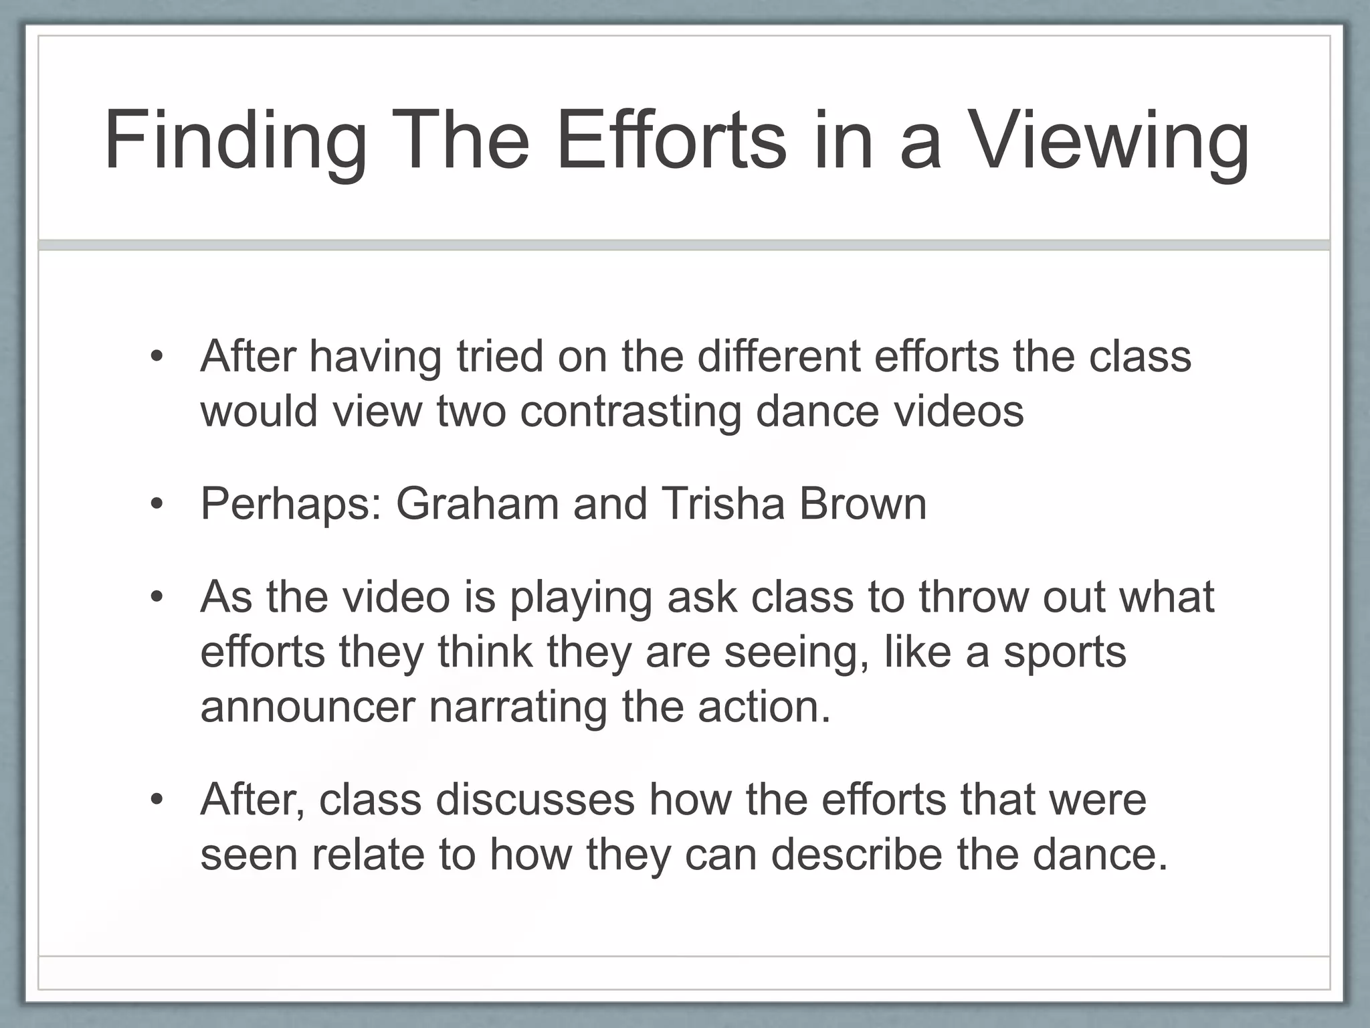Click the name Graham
pyautogui.click(x=477, y=503)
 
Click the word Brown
pyautogui.click(x=863, y=503)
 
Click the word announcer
pyautogui.click(x=308, y=707)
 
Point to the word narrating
pyautogui.click(x=517, y=708)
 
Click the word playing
pyautogui.click(x=581, y=598)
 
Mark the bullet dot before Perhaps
pyautogui.click(x=157, y=504)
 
